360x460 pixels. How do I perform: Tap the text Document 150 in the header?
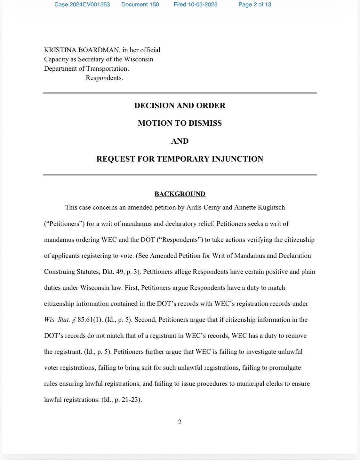[x=140, y=4]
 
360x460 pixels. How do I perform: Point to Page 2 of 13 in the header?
[x=255, y=4]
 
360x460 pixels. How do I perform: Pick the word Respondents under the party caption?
[x=104, y=78]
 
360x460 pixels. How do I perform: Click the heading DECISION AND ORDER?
[x=180, y=106]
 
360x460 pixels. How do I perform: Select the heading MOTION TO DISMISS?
[x=180, y=123]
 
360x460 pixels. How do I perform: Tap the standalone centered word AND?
[x=180, y=141]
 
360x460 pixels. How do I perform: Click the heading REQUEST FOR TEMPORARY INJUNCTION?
[x=180, y=159]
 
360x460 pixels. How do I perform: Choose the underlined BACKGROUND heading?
[x=180, y=194]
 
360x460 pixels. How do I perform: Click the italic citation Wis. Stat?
[x=57, y=320]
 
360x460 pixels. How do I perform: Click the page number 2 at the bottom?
[x=180, y=422]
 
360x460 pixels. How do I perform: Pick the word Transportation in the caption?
[x=107, y=68]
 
